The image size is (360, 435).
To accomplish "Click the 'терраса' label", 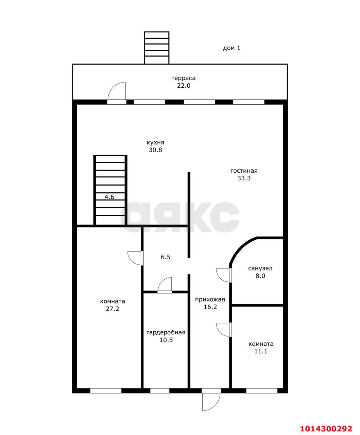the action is click(184, 78).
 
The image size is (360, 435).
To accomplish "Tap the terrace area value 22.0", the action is click(184, 86).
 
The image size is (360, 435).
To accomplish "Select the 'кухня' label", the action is click(155, 143).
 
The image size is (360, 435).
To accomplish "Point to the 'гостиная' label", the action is click(244, 171).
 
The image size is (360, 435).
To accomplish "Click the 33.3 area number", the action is click(244, 178).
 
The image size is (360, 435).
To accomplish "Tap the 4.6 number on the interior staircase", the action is click(109, 197).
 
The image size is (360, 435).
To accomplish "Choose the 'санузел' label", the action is click(260, 268).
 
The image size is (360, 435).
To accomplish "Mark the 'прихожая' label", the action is click(210, 300).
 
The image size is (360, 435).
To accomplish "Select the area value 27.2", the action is click(113, 309).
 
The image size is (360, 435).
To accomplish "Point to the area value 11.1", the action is click(261, 351).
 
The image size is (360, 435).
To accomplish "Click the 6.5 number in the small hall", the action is click(166, 257).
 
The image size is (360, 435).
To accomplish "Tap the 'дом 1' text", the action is click(232, 48).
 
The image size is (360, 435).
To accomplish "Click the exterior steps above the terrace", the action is click(157, 48).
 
